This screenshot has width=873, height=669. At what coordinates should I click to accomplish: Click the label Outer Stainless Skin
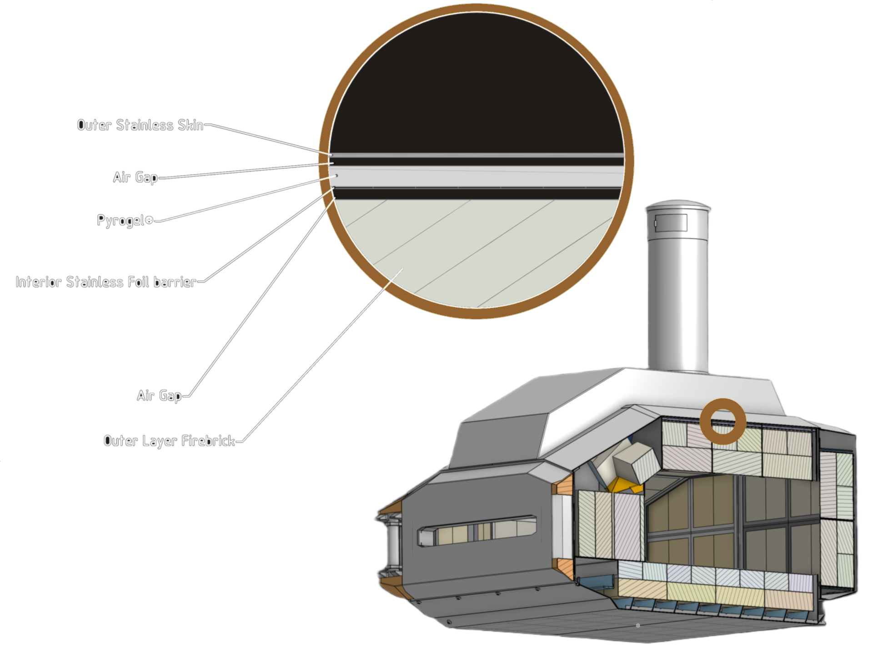(140, 125)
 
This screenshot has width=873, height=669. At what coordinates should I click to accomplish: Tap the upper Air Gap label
(135, 177)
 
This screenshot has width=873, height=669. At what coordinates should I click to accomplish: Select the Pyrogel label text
(120, 221)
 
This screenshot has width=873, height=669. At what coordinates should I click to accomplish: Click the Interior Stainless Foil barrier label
(106, 282)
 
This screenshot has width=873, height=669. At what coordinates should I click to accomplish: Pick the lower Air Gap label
(159, 395)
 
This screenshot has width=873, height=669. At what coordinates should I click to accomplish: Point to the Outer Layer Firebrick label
(169, 441)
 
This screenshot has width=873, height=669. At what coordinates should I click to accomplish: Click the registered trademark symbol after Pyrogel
(149, 221)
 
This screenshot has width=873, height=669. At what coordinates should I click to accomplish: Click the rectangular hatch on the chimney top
(671, 223)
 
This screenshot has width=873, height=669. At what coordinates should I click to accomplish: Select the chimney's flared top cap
(677, 208)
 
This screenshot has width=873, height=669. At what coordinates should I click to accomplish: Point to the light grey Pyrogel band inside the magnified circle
(477, 177)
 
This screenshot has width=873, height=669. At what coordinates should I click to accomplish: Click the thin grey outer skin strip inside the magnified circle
(477, 156)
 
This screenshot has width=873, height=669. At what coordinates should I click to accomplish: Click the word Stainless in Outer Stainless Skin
(145, 125)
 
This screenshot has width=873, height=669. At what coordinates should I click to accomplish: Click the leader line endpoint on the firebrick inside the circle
(403, 269)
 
